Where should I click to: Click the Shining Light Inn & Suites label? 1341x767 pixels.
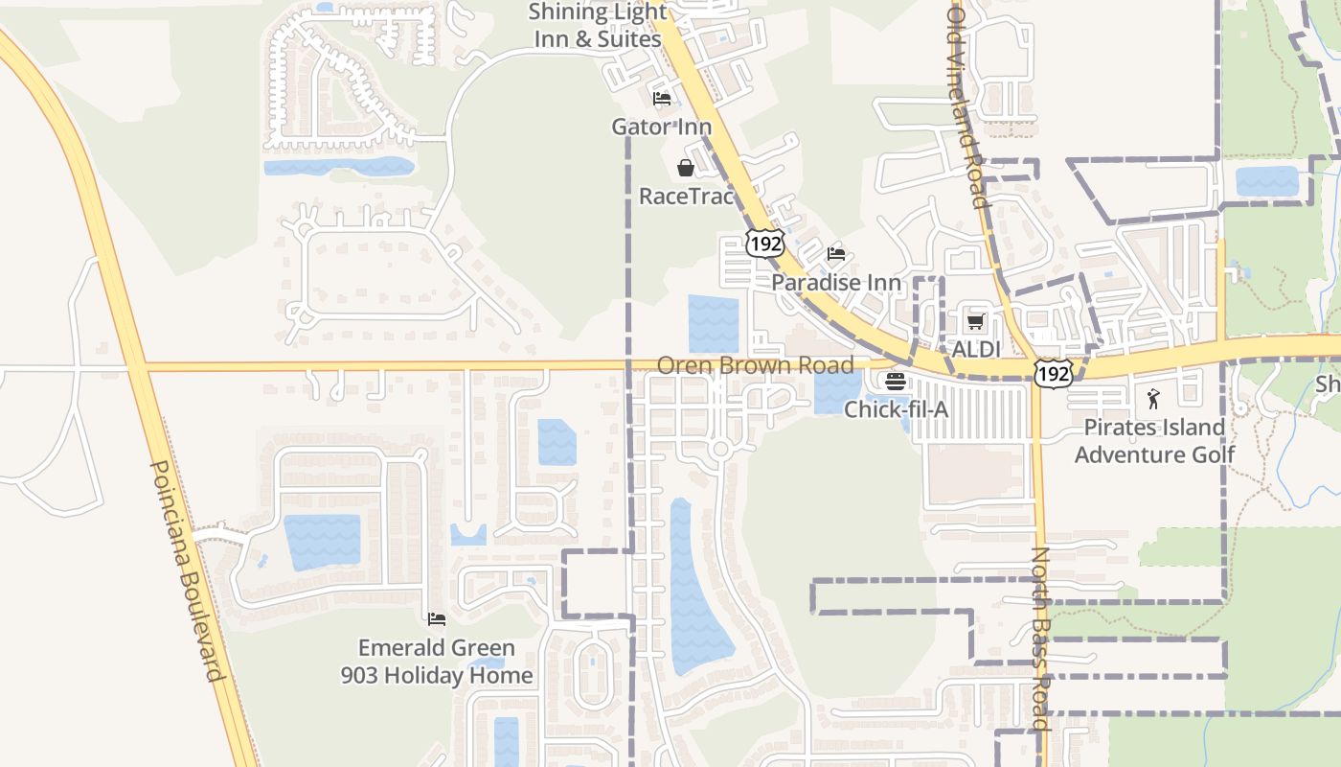pos(598,26)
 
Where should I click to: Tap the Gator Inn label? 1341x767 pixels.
pos(662,127)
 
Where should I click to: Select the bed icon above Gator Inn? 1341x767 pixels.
pos(662,98)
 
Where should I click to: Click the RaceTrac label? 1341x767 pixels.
pos(686,197)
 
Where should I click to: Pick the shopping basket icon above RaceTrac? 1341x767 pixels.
pos(686,169)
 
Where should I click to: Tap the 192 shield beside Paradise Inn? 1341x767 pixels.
pos(766,244)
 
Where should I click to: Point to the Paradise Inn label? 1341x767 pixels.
pos(836,283)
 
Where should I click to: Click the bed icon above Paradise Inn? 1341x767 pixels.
pos(836,254)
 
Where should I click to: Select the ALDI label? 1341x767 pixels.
pos(976,349)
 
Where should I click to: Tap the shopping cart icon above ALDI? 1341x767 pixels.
pos(976,322)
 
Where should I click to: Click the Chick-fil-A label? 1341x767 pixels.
pos(896,409)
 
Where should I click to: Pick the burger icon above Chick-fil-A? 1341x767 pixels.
pos(896,382)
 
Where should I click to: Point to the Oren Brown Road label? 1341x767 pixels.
pos(755,365)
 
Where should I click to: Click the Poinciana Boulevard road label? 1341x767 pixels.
pos(188,571)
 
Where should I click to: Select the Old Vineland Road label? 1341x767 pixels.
pos(967,105)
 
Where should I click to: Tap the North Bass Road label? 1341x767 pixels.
pos(1042,639)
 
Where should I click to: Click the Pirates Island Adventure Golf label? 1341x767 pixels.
pos(1154,440)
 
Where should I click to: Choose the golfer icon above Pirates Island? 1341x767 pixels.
pos(1153,399)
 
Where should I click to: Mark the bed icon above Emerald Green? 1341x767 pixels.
pos(437,619)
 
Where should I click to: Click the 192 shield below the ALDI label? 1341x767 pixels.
pos(1054,374)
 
